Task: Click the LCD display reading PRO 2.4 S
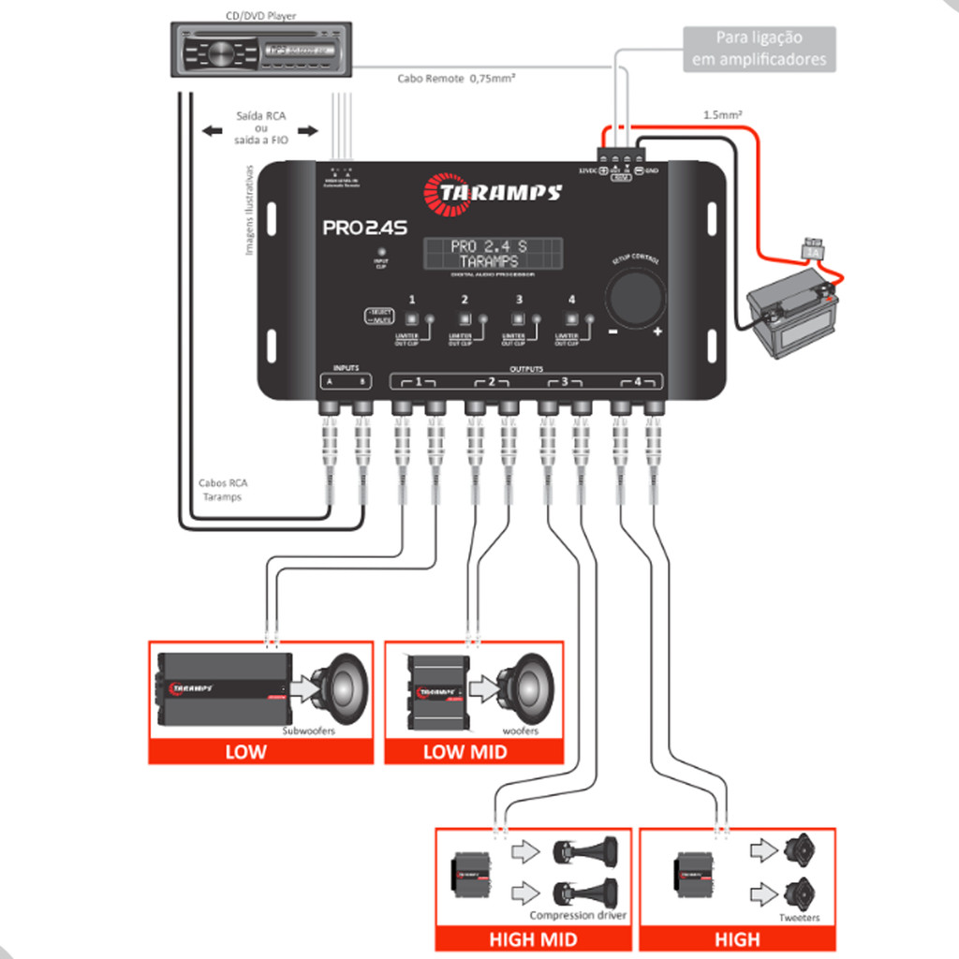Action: pyautogui.click(x=494, y=253)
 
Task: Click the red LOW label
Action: pyautogui.click(x=245, y=751)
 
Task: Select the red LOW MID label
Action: pyautogui.click(x=465, y=751)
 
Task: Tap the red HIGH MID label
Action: pyautogui.click(x=534, y=938)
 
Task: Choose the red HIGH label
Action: pyautogui.click(x=737, y=938)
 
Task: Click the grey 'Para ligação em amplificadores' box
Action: pyautogui.click(x=759, y=49)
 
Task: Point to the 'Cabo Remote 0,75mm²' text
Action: pyautogui.click(x=456, y=80)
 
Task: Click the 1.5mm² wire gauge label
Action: pyautogui.click(x=723, y=115)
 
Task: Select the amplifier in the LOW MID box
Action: pyautogui.click(x=437, y=691)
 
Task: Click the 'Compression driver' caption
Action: pyautogui.click(x=578, y=915)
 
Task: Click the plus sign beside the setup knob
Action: pyautogui.click(x=657, y=332)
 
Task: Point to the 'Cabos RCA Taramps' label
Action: pyautogui.click(x=223, y=490)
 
